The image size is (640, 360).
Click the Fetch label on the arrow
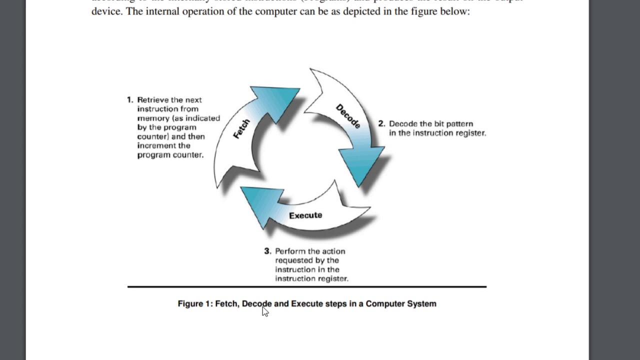[x=241, y=129]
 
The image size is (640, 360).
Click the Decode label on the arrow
[x=348, y=116]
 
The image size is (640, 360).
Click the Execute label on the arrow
[x=305, y=215]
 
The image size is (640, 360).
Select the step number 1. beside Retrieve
[x=130, y=100]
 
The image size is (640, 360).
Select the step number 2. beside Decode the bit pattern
[x=381, y=124]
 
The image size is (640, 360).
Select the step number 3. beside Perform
[x=267, y=251]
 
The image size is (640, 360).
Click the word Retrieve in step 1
[x=152, y=100]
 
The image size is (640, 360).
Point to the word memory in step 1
[x=153, y=118]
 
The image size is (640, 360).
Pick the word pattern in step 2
[x=458, y=124]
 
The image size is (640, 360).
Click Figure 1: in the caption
[x=195, y=304]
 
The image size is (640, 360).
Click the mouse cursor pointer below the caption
[x=264, y=311]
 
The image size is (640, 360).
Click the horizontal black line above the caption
[x=306, y=287]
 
